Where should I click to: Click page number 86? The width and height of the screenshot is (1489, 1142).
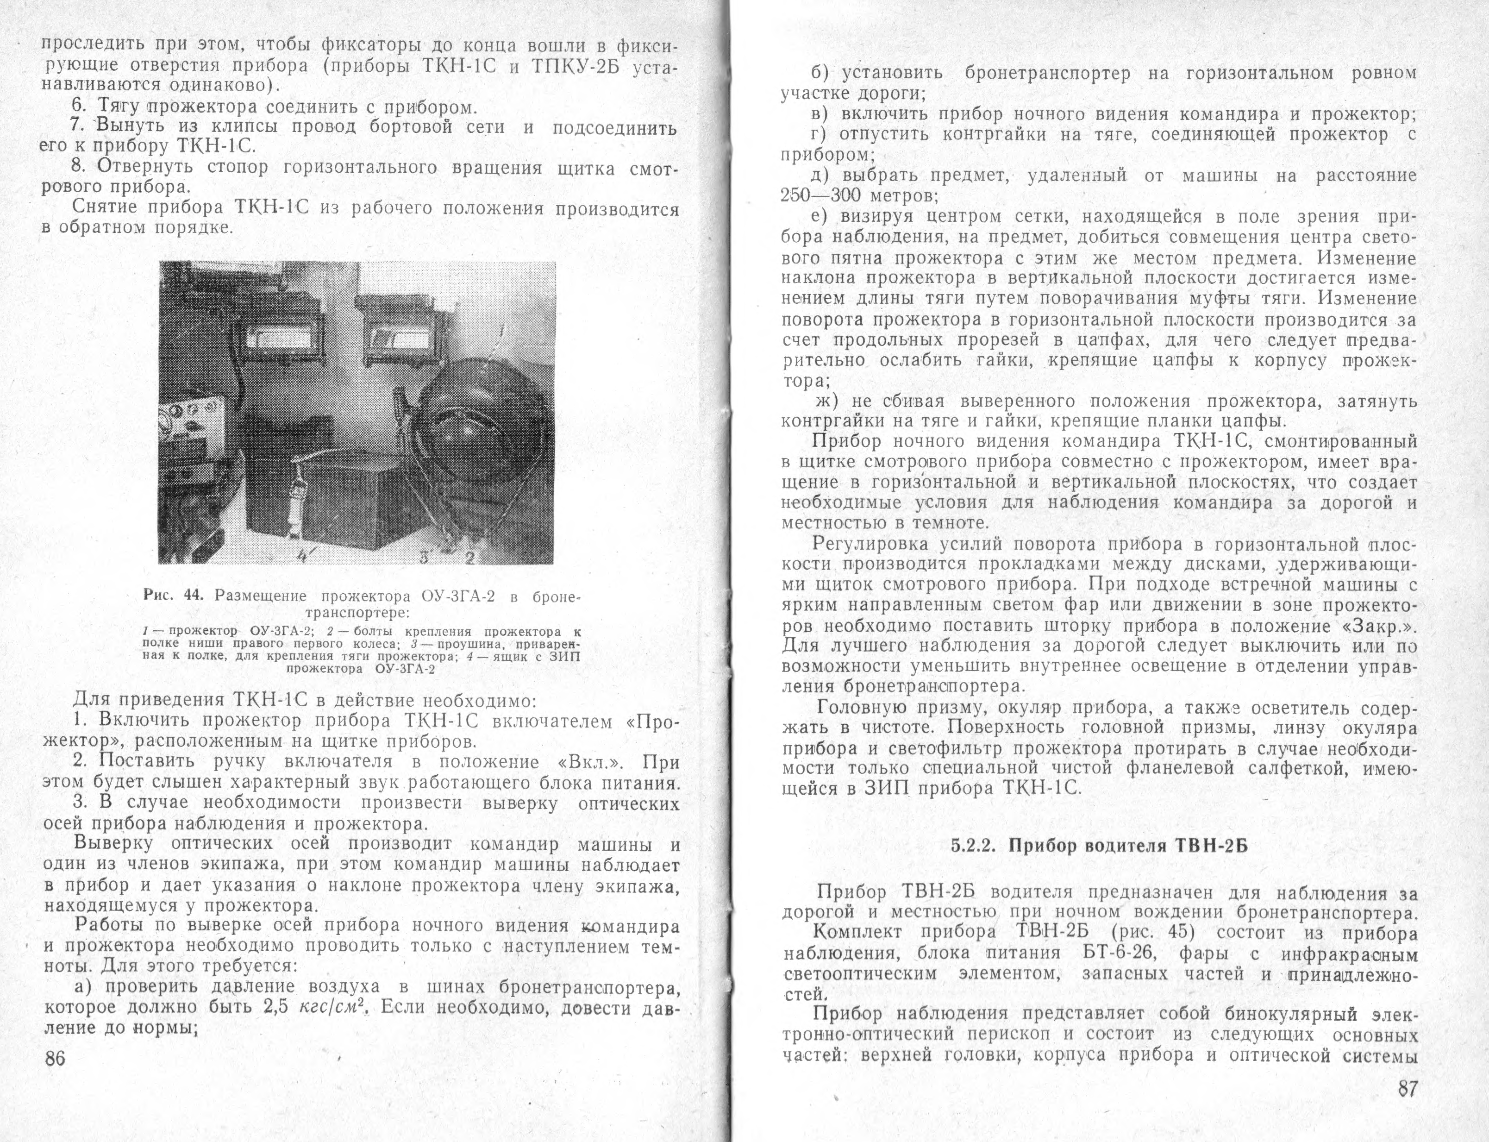click(x=54, y=1058)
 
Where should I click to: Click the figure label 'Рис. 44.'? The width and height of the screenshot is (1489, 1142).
click(x=174, y=596)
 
